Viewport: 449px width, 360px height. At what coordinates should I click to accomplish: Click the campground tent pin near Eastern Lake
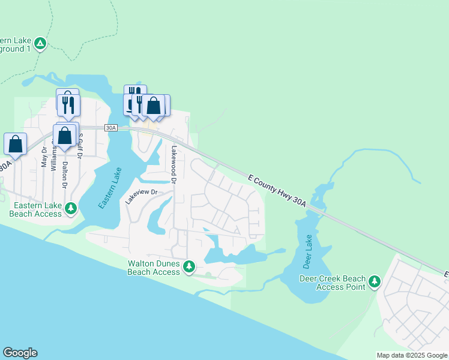(40, 43)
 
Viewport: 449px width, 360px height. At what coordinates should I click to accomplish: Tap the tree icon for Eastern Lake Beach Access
(71, 208)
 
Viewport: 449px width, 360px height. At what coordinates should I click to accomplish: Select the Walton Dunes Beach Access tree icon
(190, 266)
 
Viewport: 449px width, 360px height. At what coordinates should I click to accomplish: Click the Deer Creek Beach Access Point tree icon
(375, 281)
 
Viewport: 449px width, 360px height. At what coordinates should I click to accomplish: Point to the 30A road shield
(110, 128)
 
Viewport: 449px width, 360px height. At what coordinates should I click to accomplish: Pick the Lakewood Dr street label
(174, 164)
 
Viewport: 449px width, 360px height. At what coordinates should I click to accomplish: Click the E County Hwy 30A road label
(277, 191)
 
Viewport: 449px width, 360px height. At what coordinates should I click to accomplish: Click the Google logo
(20, 353)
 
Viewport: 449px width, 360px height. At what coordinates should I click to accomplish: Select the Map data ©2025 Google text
(412, 355)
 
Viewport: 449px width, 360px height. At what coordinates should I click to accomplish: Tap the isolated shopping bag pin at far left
(15, 145)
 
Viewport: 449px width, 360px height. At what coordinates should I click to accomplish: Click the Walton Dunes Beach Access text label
(154, 268)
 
